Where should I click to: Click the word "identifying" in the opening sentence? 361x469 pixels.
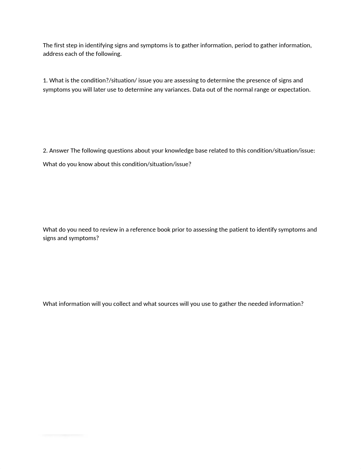[x=99, y=45]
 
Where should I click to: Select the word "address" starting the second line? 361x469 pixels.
[x=53, y=54]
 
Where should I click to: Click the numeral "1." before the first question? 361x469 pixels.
[x=45, y=80]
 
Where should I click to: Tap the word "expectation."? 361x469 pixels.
[x=294, y=90]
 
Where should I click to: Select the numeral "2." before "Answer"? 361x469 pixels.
[x=45, y=151]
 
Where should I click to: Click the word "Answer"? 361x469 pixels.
[x=59, y=151]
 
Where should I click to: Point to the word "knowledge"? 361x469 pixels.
[x=179, y=151]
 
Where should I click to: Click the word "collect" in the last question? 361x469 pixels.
[x=122, y=304]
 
